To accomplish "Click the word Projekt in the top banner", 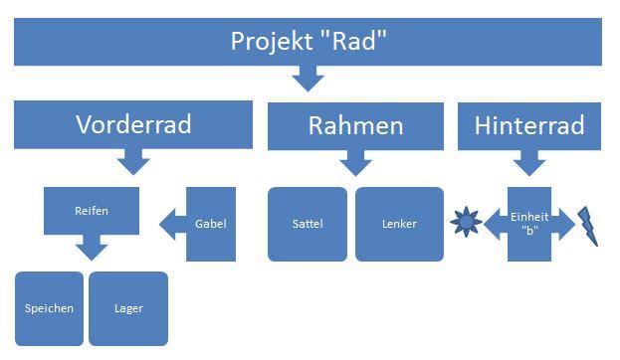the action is click(x=272, y=41).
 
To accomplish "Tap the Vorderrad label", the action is click(x=133, y=124).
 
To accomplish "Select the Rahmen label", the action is click(x=355, y=125).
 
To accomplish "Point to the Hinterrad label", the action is click(x=529, y=125).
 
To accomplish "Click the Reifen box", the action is click(x=92, y=211).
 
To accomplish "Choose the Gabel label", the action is click(x=211, y=224).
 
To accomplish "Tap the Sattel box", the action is click(x=308, y=224).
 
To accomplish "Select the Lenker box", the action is click(x=399, y=224).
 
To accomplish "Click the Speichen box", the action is click(x=49, y=308).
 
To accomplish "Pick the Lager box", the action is click(x=128, y=308).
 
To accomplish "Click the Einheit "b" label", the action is click(x=529, y=224).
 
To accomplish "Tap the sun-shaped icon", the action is click(x=466, y=222).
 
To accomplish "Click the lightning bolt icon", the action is click(x=587, y=226).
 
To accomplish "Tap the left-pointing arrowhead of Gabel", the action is click(x=167, y=224).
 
